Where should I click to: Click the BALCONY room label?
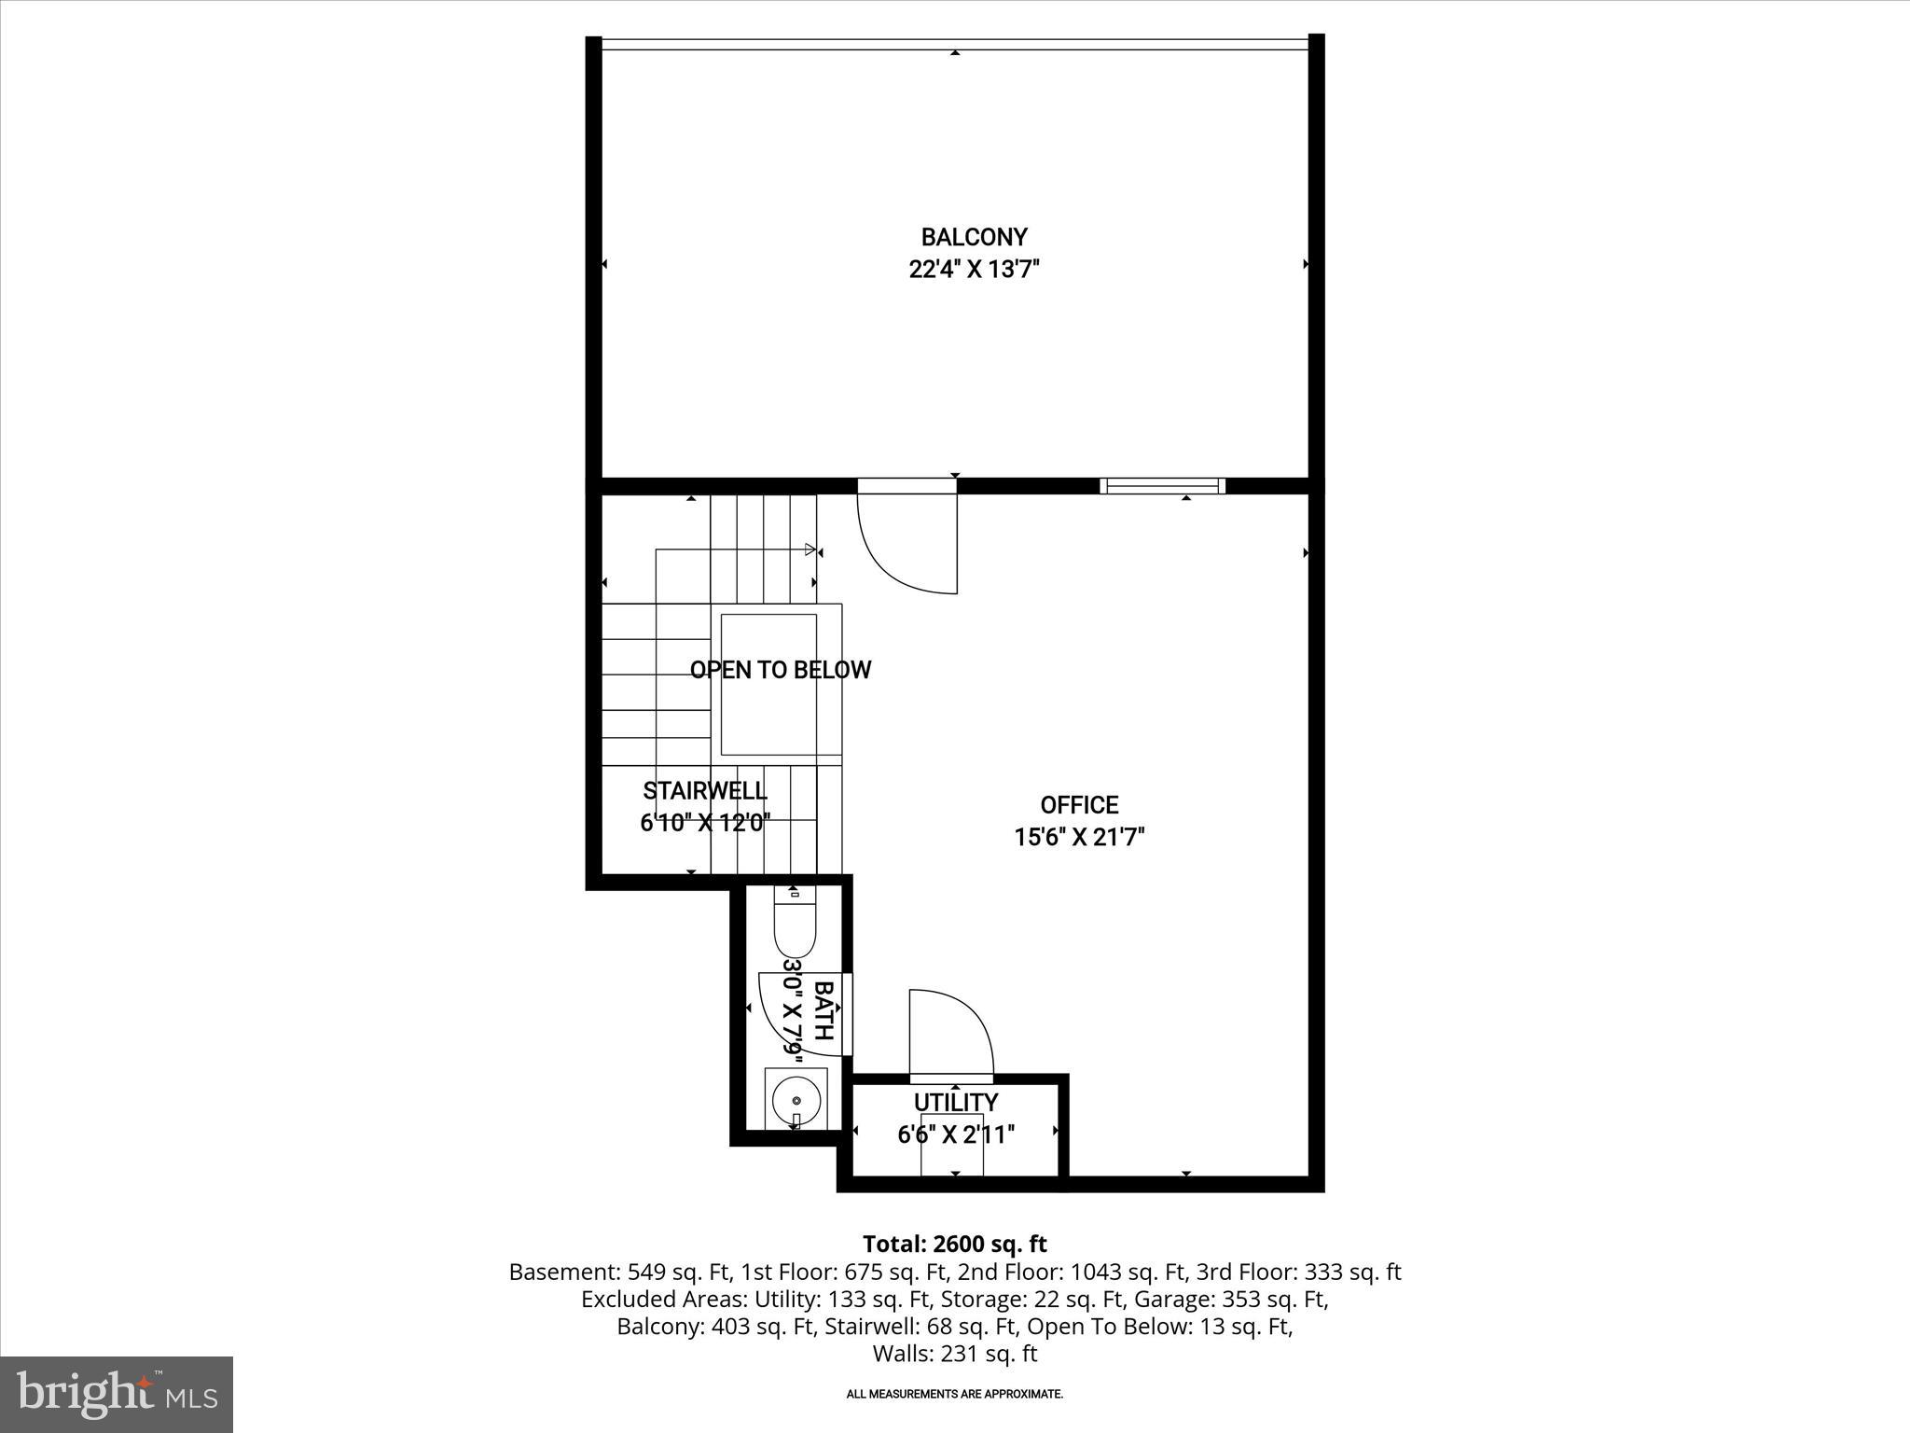(x=974, y=237)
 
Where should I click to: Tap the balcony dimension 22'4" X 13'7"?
(x=974, y=270)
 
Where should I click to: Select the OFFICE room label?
(x=1079, y=805)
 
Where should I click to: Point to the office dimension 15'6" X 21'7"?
(x=1079, y=837)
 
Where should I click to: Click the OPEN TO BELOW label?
(x=780, y=670)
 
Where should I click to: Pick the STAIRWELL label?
(x=705, y=791)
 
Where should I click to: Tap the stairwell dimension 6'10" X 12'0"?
(x=705, y=823)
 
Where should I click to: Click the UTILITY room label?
(x=955, y=1103)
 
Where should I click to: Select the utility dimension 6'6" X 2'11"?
(x=955, y=1134)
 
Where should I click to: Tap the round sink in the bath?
(x=795, y=1098)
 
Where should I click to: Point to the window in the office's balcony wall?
(x=1162, y=485)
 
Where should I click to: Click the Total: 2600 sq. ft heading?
(x=955, y=1245)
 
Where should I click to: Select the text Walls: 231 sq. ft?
(x=955, y=1354)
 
